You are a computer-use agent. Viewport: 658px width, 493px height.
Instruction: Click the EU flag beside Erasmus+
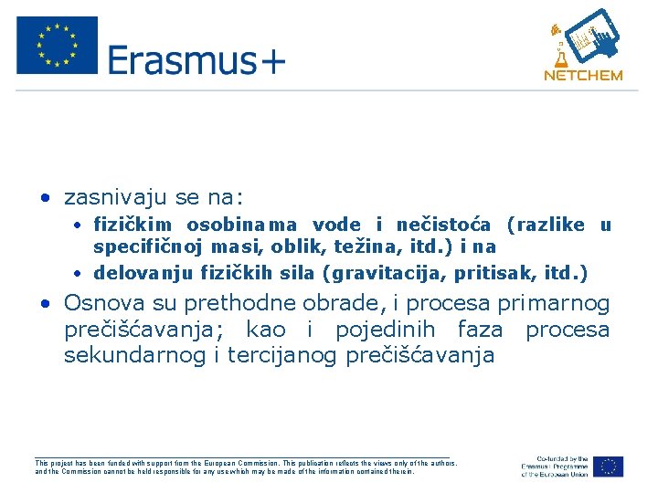point(57,46)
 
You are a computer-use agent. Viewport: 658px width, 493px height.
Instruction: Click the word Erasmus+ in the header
point(196,61)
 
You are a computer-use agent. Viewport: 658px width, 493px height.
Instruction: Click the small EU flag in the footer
point(608,466)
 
